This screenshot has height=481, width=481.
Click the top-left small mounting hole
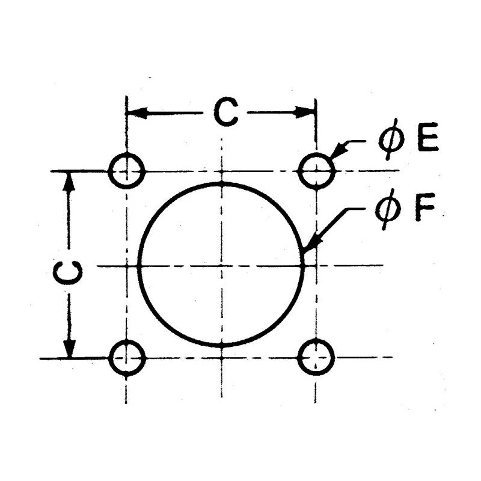pyautogui.click(x=126, y=153)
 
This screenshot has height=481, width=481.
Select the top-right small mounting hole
pyautogui.click(x=316, y=153)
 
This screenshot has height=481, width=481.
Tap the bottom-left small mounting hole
pyautogui.click(x=126, y=340)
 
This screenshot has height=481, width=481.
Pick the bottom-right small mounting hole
pyautogui.click(x=316, y=340)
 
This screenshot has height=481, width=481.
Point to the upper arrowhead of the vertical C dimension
pyautogui.click(x=70, y=182)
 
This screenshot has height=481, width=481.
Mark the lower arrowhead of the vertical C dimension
pyautogui.click(x=70, y=348)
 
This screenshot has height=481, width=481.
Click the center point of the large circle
pyautogui.click(x=221, y=265)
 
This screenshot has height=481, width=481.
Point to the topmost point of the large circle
pyautogui.click(x=221, y=183)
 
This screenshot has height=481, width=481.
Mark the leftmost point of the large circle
pyautogui.click(x=139, y=266)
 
